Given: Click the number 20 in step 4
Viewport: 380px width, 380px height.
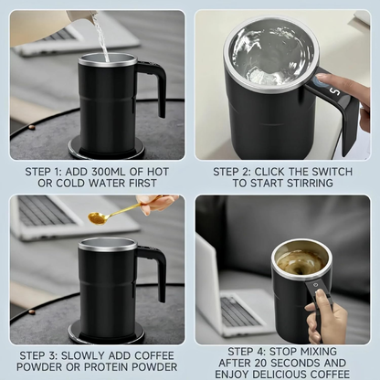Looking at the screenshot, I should pos(274,362).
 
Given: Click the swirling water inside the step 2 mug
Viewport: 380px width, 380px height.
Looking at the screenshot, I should pos(270,54).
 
